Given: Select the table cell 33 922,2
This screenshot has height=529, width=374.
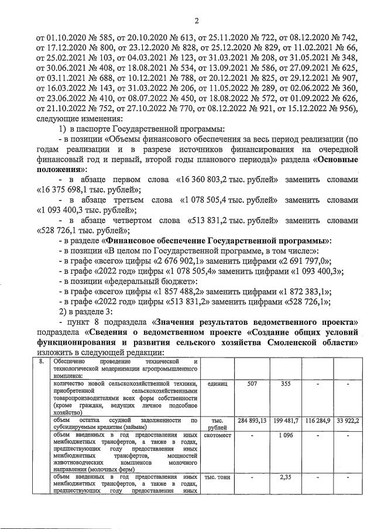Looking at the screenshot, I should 348,421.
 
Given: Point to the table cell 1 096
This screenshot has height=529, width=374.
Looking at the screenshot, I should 286,436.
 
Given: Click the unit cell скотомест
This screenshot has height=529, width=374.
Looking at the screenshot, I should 219,436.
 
